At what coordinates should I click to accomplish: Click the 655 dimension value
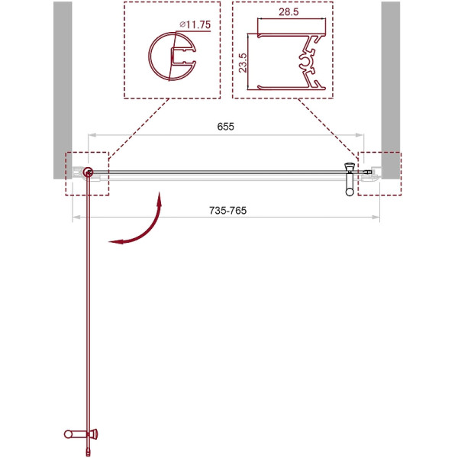[225, 127]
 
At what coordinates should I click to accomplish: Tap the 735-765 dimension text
[227, 211]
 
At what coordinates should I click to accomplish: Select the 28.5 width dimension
[289, 12]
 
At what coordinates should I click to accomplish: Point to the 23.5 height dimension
[243, 63]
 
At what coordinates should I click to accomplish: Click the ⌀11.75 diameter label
[195, 24]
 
